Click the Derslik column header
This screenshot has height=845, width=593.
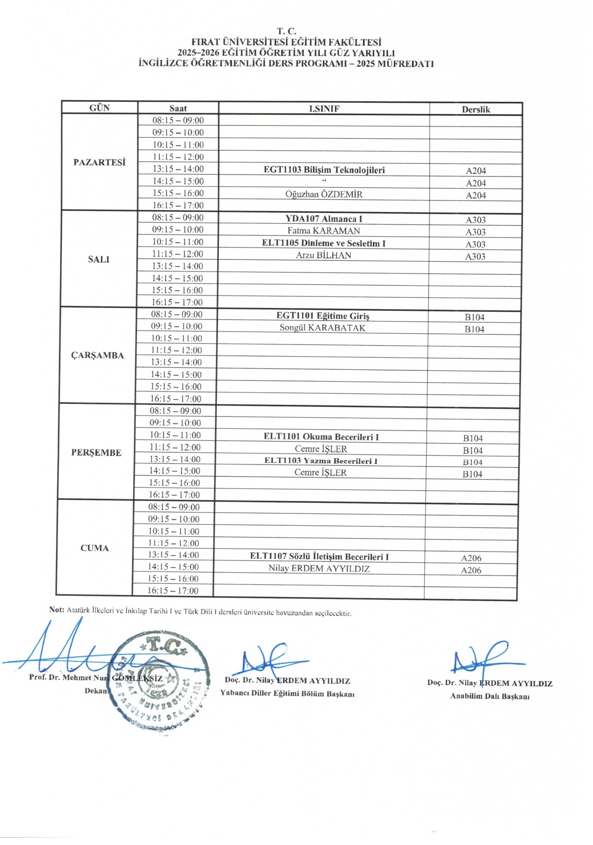(475, 109)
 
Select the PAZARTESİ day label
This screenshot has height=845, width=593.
(99, 162)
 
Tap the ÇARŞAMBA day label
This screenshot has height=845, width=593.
(97, 355)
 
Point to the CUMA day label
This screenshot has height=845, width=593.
(94, 548)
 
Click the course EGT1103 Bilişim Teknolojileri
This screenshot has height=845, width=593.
(324, 170)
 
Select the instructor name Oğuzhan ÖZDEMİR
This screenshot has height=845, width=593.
(324, 194)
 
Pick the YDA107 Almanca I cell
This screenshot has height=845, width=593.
(324, 219)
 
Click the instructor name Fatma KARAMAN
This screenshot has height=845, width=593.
(324, 231)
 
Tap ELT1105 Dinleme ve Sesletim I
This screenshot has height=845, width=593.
(324, 243)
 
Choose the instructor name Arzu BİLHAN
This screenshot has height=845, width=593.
(324, 255)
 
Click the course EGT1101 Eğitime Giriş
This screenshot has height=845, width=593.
(323, 316)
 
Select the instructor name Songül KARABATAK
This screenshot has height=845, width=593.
(322, 328)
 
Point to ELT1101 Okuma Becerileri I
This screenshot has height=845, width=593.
(321, 437)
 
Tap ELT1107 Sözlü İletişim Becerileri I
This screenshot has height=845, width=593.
(319, 557)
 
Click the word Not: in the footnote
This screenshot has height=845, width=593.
(57, 610)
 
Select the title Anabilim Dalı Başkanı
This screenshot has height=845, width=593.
(490, 696)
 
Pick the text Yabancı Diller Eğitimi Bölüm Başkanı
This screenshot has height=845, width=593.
(287, 694)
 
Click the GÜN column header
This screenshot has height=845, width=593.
(99, 108)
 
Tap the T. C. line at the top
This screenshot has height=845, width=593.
(286, 31)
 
